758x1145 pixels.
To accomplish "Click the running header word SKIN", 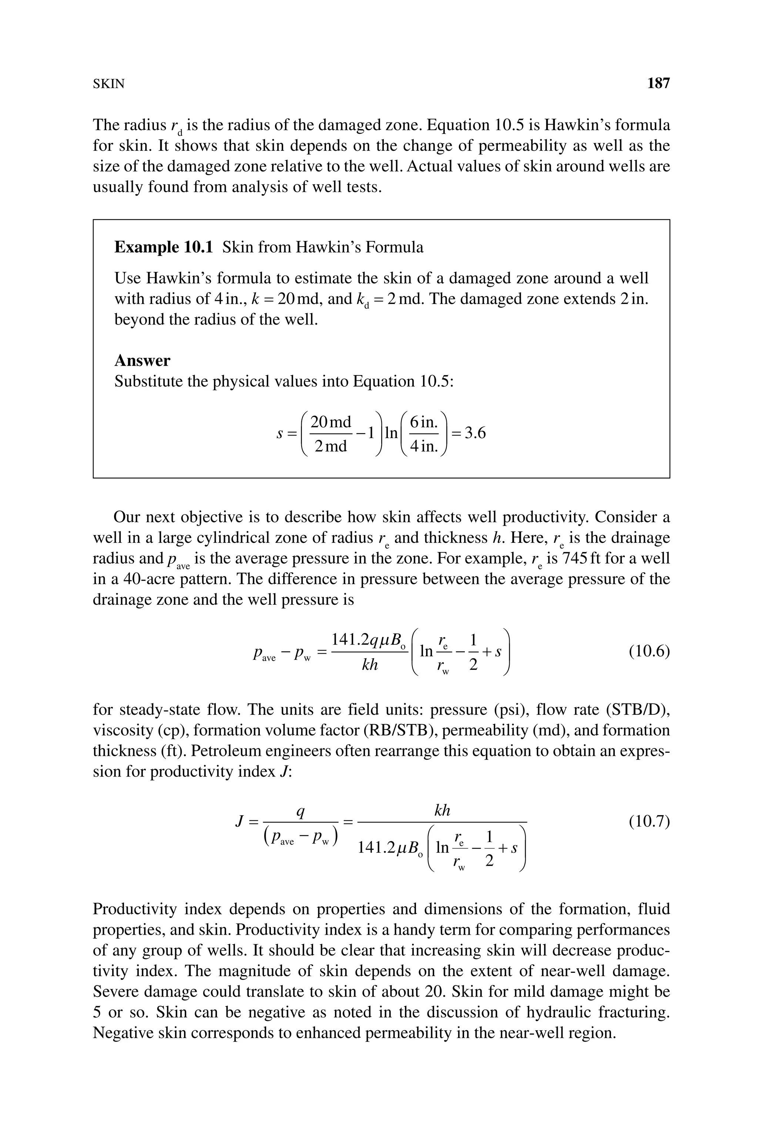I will point(108,84).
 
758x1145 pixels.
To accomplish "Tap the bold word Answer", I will point(142,360).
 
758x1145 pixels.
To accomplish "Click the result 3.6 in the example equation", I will point(475,433).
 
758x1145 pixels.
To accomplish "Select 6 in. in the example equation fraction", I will point(423,422).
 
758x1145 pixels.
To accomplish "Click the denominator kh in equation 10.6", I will point(370,665).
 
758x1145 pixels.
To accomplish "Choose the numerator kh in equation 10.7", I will point(442,810).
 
